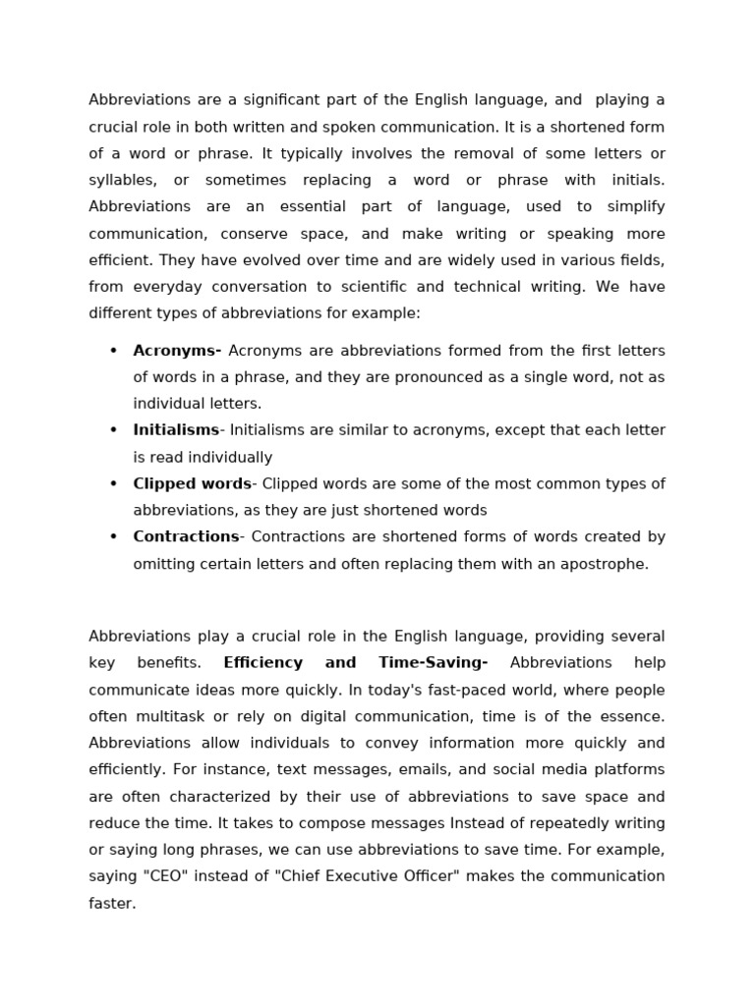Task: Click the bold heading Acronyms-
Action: (x=177, y=351)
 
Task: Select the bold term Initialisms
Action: (x=176, y=430)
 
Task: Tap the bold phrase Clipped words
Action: (x=192, y=483)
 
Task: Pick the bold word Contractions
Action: (x=186, y=536)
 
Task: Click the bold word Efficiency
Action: (x=262, y=663)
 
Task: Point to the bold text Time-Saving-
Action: (x=433, y=663)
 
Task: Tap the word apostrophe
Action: (x=608, y=564)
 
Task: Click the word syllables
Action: (x=122, y=180)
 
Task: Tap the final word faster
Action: (x=111, y=903)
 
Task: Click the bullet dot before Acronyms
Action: (x=113, y=351)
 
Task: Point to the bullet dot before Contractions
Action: (x=113, y=536)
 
